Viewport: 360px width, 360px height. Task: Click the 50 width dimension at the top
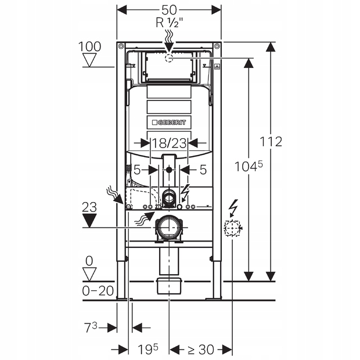tap(169, 10)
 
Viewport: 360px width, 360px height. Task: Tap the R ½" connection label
tap(168, 23)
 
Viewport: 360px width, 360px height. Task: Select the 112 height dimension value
tap(271, 142)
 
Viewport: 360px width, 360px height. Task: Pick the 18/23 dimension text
tap(168, 142)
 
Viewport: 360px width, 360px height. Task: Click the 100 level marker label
tap(90, 46)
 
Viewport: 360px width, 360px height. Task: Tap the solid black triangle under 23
tap(89, 220)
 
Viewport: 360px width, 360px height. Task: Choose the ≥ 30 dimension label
tap(200, 349)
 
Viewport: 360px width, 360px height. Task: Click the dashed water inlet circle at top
tap(169, 58)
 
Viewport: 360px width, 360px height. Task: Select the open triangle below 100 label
tap(90, 60)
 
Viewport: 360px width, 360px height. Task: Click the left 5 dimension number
tap(137, 170)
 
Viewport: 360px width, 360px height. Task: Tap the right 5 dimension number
tap(203, 170)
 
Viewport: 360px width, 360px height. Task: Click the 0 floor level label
tap(89, 260)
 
